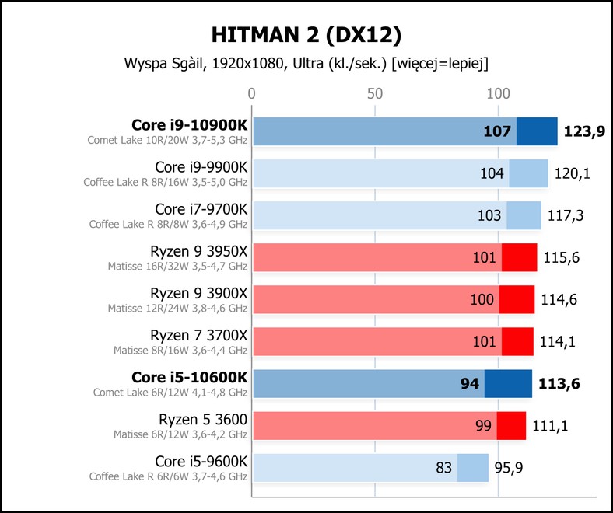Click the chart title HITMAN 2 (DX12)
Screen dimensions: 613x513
306,35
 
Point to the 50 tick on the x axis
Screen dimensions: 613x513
374,94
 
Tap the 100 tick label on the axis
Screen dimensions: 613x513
498,94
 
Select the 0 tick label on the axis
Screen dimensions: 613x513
251,94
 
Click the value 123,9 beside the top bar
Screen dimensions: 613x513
584,131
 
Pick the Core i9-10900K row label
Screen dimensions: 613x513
189,125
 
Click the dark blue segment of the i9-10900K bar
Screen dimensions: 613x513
537,131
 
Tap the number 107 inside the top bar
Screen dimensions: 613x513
497,131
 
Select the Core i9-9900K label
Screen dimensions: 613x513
201,167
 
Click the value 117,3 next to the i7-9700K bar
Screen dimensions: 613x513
565,215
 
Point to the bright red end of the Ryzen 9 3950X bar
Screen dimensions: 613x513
519,257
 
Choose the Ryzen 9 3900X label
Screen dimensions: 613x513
198,293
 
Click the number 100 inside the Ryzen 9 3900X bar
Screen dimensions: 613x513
482,299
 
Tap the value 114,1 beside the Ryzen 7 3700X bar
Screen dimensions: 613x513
557,341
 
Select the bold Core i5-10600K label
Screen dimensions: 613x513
189,378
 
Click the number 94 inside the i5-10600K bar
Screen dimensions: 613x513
470,384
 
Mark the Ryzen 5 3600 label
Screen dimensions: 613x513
203,419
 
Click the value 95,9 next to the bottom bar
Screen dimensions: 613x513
508,468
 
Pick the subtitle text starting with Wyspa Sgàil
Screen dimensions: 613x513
306,63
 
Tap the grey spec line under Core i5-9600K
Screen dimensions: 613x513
169,476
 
